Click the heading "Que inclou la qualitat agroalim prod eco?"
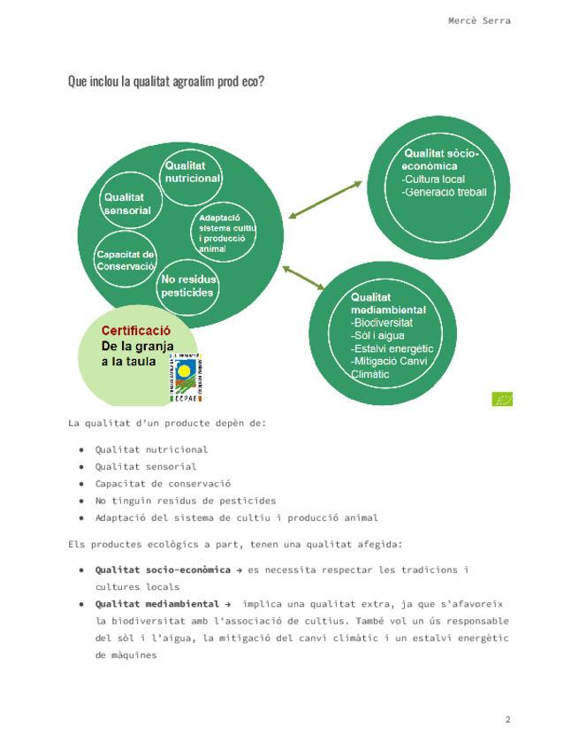point(166,81)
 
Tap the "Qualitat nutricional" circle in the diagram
point(191,172)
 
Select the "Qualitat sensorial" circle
point(127,204)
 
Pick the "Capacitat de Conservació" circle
point(126,261)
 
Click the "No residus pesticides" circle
point(187,286)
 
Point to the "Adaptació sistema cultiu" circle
point(225,233)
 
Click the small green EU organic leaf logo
point(502,399)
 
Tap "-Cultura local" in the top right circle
point(433,179)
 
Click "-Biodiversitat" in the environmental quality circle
point(382,323)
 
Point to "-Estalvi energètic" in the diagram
point(392,348)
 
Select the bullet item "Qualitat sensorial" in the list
point(146,466)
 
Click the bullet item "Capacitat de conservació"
point(163,484)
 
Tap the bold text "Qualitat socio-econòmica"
point(156,570)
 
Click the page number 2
point(507,720)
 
